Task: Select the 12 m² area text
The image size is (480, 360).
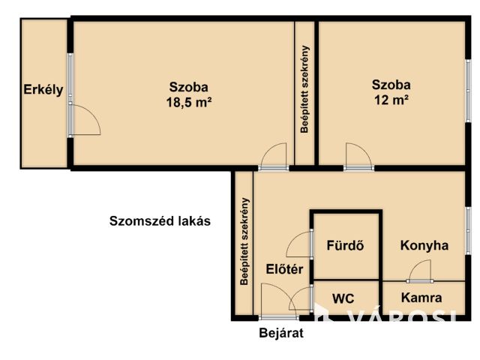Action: (x=391, y=99)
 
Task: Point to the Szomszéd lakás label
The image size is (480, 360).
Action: (x=160, y=221)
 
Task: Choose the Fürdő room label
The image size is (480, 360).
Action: (x=345, y=245)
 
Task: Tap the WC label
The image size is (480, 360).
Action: (x=343, y=298)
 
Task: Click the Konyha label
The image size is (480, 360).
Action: (x=424, y=245)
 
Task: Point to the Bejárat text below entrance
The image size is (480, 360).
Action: (x=281, y=334)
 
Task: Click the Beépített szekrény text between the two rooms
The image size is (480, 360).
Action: (x=305, y=89)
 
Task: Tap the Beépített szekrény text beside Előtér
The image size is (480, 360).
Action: (x=244, y=241)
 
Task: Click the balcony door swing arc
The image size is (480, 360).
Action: (x=86, y=120)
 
